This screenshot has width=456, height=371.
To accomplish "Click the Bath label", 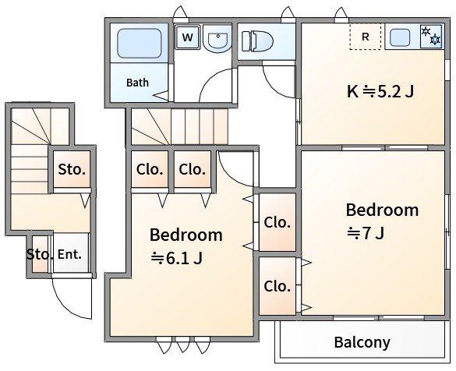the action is pos(137,83).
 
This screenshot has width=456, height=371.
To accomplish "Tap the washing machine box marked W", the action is pos(188,37).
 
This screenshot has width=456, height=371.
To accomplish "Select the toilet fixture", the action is pos(257,41).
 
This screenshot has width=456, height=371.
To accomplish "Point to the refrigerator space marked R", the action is pos(366,37).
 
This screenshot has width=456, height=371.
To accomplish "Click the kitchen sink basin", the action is pos(400,37).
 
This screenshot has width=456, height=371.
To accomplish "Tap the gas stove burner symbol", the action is pos(431,36).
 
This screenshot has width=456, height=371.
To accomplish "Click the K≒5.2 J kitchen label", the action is pos(380,92).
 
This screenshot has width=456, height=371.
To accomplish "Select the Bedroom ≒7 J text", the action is pos(382,221).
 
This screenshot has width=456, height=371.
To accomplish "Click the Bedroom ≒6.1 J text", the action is pos(186,246).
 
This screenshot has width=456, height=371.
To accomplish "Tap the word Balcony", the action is pos(362,342).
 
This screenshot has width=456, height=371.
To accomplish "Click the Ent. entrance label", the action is pos(69,254).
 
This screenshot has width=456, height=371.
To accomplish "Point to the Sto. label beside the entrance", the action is pos(40,254).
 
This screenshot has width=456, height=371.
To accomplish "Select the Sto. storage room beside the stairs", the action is pos(72,169).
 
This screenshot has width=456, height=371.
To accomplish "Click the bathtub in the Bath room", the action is pos(140,43).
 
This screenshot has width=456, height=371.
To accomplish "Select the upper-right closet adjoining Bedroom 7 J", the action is pos(277,222).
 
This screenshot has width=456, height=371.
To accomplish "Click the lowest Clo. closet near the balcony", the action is pos(277,285).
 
